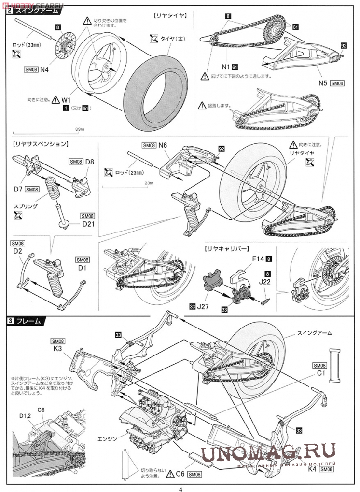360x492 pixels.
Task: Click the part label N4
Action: (x=44, y=69)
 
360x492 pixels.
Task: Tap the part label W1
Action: (x=66, y=99)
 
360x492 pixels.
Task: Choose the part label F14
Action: (x=258, y=259)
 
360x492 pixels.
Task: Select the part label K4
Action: (x=312, y=468)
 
